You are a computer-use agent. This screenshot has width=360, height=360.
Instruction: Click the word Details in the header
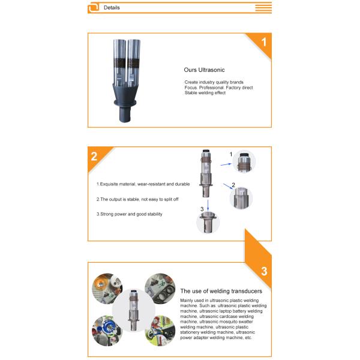click(x=112, y=8)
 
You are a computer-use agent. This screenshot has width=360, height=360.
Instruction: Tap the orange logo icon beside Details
click(x=94, y=8)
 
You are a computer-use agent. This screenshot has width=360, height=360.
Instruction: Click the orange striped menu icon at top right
click(x=263, y=8)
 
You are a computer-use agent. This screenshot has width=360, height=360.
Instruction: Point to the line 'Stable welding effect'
click(x=205, y=93)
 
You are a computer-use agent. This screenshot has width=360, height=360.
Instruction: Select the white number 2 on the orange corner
click(x=95, y=157)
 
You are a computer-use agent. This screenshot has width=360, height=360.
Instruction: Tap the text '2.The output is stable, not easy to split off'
click(x=138, y=199)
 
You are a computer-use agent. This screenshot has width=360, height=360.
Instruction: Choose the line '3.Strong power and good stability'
click(x=129, y=214)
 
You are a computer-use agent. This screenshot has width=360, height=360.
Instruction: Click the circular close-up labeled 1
click(x=244, y=162)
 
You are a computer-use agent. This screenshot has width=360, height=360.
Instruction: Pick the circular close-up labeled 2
click(x=241, y=197)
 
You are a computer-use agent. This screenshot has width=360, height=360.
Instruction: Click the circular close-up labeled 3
click(x=208, y=223)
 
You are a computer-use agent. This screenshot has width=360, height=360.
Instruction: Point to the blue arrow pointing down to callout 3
click(x=208, y=204)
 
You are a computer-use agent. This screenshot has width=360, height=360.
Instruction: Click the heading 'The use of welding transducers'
click(x=221, y=291)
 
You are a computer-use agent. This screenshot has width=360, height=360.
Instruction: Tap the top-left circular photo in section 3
click(x=106, y=287)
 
